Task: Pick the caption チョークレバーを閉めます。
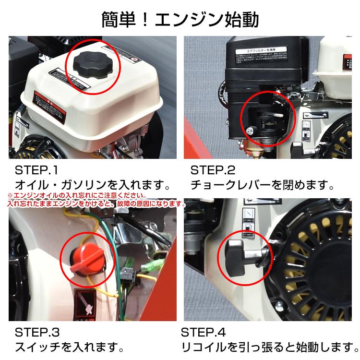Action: tap(262, 185)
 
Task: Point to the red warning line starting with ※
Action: tap(77, 196)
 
